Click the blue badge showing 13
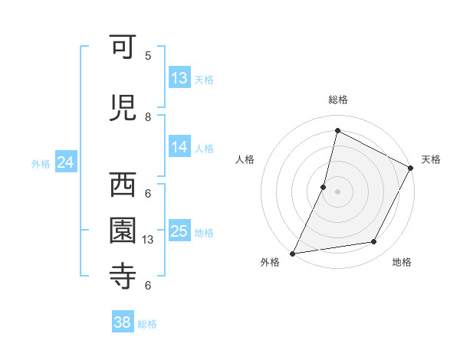pyautogui.click(x=179, y=78)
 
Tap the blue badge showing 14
pyautogui.click(x=179, y=147)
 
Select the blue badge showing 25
pyautogui.click(x=179, y=231)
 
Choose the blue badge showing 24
pyautogui.click(x=65, y=162)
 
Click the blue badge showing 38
pyautogui.click(x=123, y=323)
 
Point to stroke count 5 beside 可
pyautogui.click(x=148, y=55)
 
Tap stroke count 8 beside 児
pyautogui.click(x=148, y=116)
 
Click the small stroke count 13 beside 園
pyautogui.click(x=149, y=240)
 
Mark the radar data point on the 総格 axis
pyautogui.click(x=337, y=131)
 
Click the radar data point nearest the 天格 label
pyautogui.click(x=410, y=169)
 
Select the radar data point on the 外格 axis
pyautogui.click(x=293, y=253)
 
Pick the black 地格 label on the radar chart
pyautogui.click(x=402, y=262)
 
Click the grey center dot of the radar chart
pyautogui.click(x=337, y=191)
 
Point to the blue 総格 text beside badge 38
pyautogui.click(x=147, y=324)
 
